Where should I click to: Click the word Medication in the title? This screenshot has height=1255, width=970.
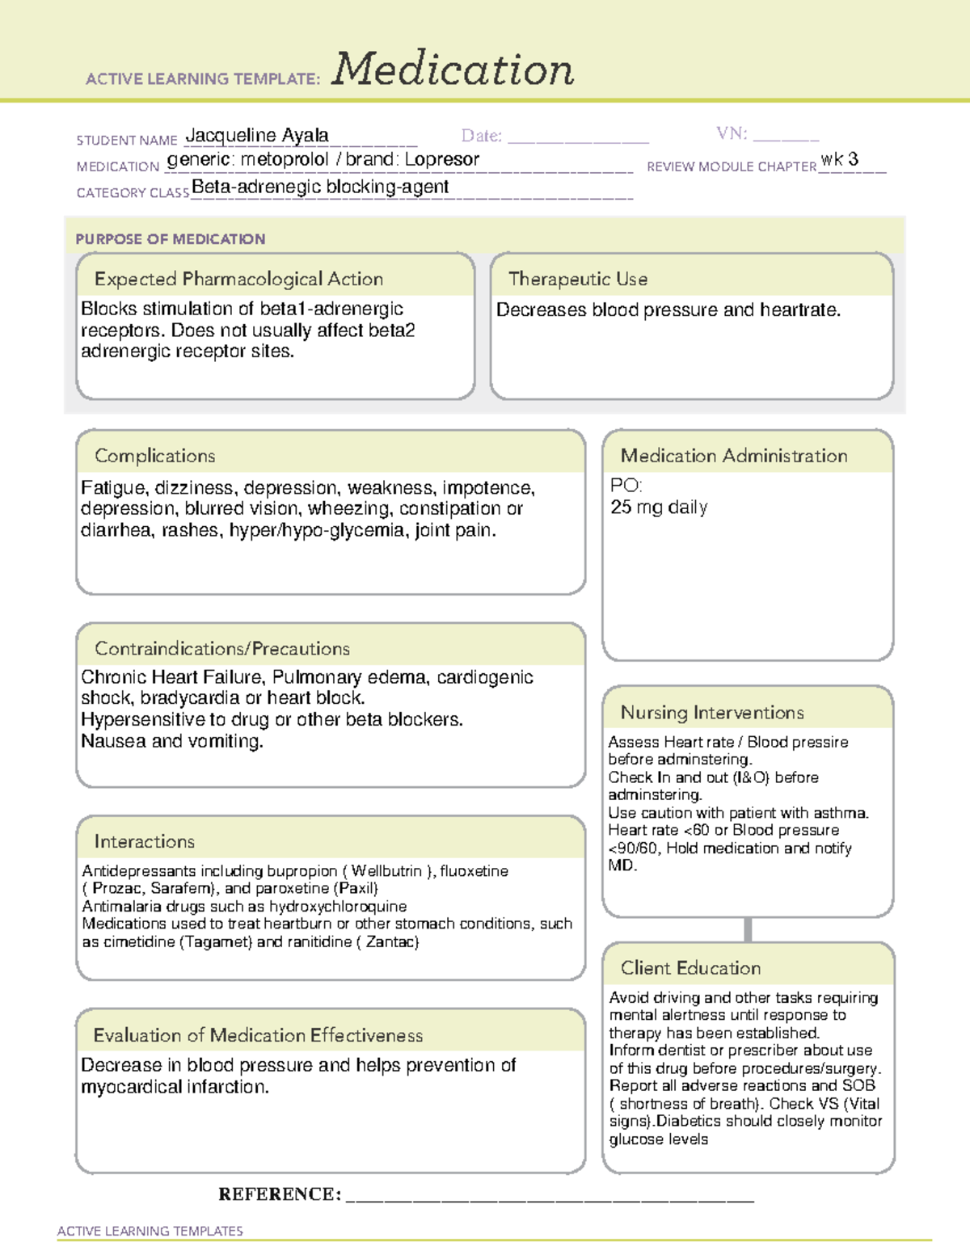[x=453, y=69]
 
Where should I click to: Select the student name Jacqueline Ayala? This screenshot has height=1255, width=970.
[x=257, y=136]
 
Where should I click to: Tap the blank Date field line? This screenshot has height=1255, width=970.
[x=578, y=137]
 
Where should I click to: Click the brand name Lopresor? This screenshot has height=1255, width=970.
[x=442, y=160]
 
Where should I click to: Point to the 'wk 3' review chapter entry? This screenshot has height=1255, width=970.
[x=839, y=160]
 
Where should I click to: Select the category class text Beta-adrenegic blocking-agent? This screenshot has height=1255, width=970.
[x=320, y=187]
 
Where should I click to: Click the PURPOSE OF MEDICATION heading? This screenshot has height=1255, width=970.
[x=171, y=239]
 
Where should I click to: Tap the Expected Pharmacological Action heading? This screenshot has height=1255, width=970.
[x=238, y=280]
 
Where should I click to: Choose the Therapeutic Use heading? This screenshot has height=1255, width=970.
[x=578, y=280]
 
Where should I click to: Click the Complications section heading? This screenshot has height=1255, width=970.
[x=155, y=457]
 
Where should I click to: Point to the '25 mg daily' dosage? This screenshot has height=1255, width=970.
[x=659, y=507]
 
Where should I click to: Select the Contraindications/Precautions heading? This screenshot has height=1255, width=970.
[x=222, y=649]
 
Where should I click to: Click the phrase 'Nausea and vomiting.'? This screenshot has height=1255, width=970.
[x=172, y=742]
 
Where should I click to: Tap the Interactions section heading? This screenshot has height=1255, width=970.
[x=145, y=842]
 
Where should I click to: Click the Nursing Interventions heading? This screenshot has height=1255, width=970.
[x=712, y=713]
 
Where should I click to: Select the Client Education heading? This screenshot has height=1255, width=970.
[x=690, y=968]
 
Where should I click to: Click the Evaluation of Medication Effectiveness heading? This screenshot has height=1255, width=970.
[x=258, y=1036]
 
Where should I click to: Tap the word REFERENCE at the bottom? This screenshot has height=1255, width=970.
[x=279, y=1194]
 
